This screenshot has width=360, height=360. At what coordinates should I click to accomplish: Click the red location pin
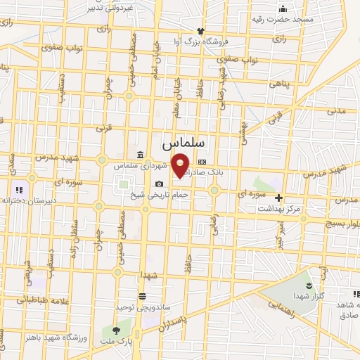point(181,165)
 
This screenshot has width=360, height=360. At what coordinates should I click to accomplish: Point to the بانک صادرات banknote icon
point(202,161)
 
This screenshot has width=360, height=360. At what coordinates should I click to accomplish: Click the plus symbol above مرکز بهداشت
point(279,198)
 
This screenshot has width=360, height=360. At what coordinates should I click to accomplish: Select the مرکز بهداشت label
point(278,209)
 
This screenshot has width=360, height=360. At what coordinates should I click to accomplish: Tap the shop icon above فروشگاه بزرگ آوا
point(201,31)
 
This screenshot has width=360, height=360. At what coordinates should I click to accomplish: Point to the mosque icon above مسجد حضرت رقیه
point(283,8)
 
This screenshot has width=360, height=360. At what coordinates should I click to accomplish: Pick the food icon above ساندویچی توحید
point(143,296)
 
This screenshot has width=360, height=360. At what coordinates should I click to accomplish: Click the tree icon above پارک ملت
point(117,329)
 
